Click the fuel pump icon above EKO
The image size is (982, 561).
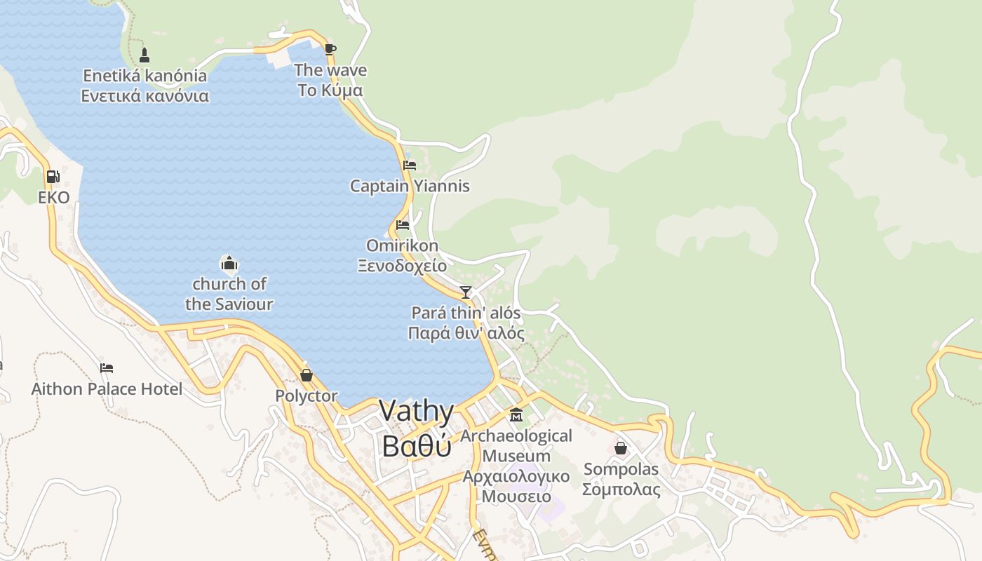53,177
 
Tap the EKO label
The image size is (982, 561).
54,197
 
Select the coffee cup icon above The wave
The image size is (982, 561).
330,49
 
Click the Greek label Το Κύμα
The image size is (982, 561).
330,90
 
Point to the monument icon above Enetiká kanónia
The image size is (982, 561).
144,55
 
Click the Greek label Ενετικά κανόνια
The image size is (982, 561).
144,96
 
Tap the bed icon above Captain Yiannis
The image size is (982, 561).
410,165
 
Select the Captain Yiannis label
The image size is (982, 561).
410,186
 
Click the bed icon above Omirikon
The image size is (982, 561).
402,225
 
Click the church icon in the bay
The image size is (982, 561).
229,264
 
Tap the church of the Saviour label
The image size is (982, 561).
229,294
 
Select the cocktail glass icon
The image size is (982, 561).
466,292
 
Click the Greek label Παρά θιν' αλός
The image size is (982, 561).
466,333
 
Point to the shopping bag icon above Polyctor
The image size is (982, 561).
306,375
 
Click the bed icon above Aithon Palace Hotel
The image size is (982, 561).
107,367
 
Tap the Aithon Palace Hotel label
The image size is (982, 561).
107,388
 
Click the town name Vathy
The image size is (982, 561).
417,411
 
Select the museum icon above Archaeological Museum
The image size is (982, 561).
516,415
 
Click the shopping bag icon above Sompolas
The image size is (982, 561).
621,447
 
